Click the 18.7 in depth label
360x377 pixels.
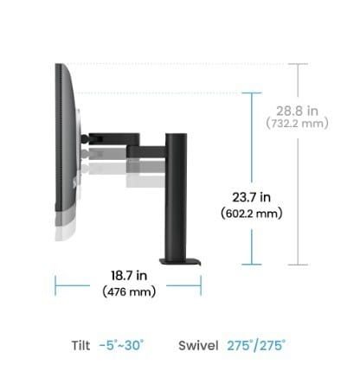click(x=129, y=276)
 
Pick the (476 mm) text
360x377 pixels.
click(x=129, y=291)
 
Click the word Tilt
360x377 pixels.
click(x=80, y=345)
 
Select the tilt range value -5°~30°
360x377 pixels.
click(x=122, y=345)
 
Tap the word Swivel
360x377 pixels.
click(x=197, y=345)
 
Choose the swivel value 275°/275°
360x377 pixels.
click(x=256, y=345)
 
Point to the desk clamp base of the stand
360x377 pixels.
click(x=179, y=259)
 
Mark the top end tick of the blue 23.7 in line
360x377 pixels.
click(x=252, y=93)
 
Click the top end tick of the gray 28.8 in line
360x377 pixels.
click(x=298, y=64)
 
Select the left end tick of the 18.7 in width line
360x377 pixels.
click(x=55, y=284)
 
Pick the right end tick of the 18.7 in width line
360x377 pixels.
click(x=201, y=284)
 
